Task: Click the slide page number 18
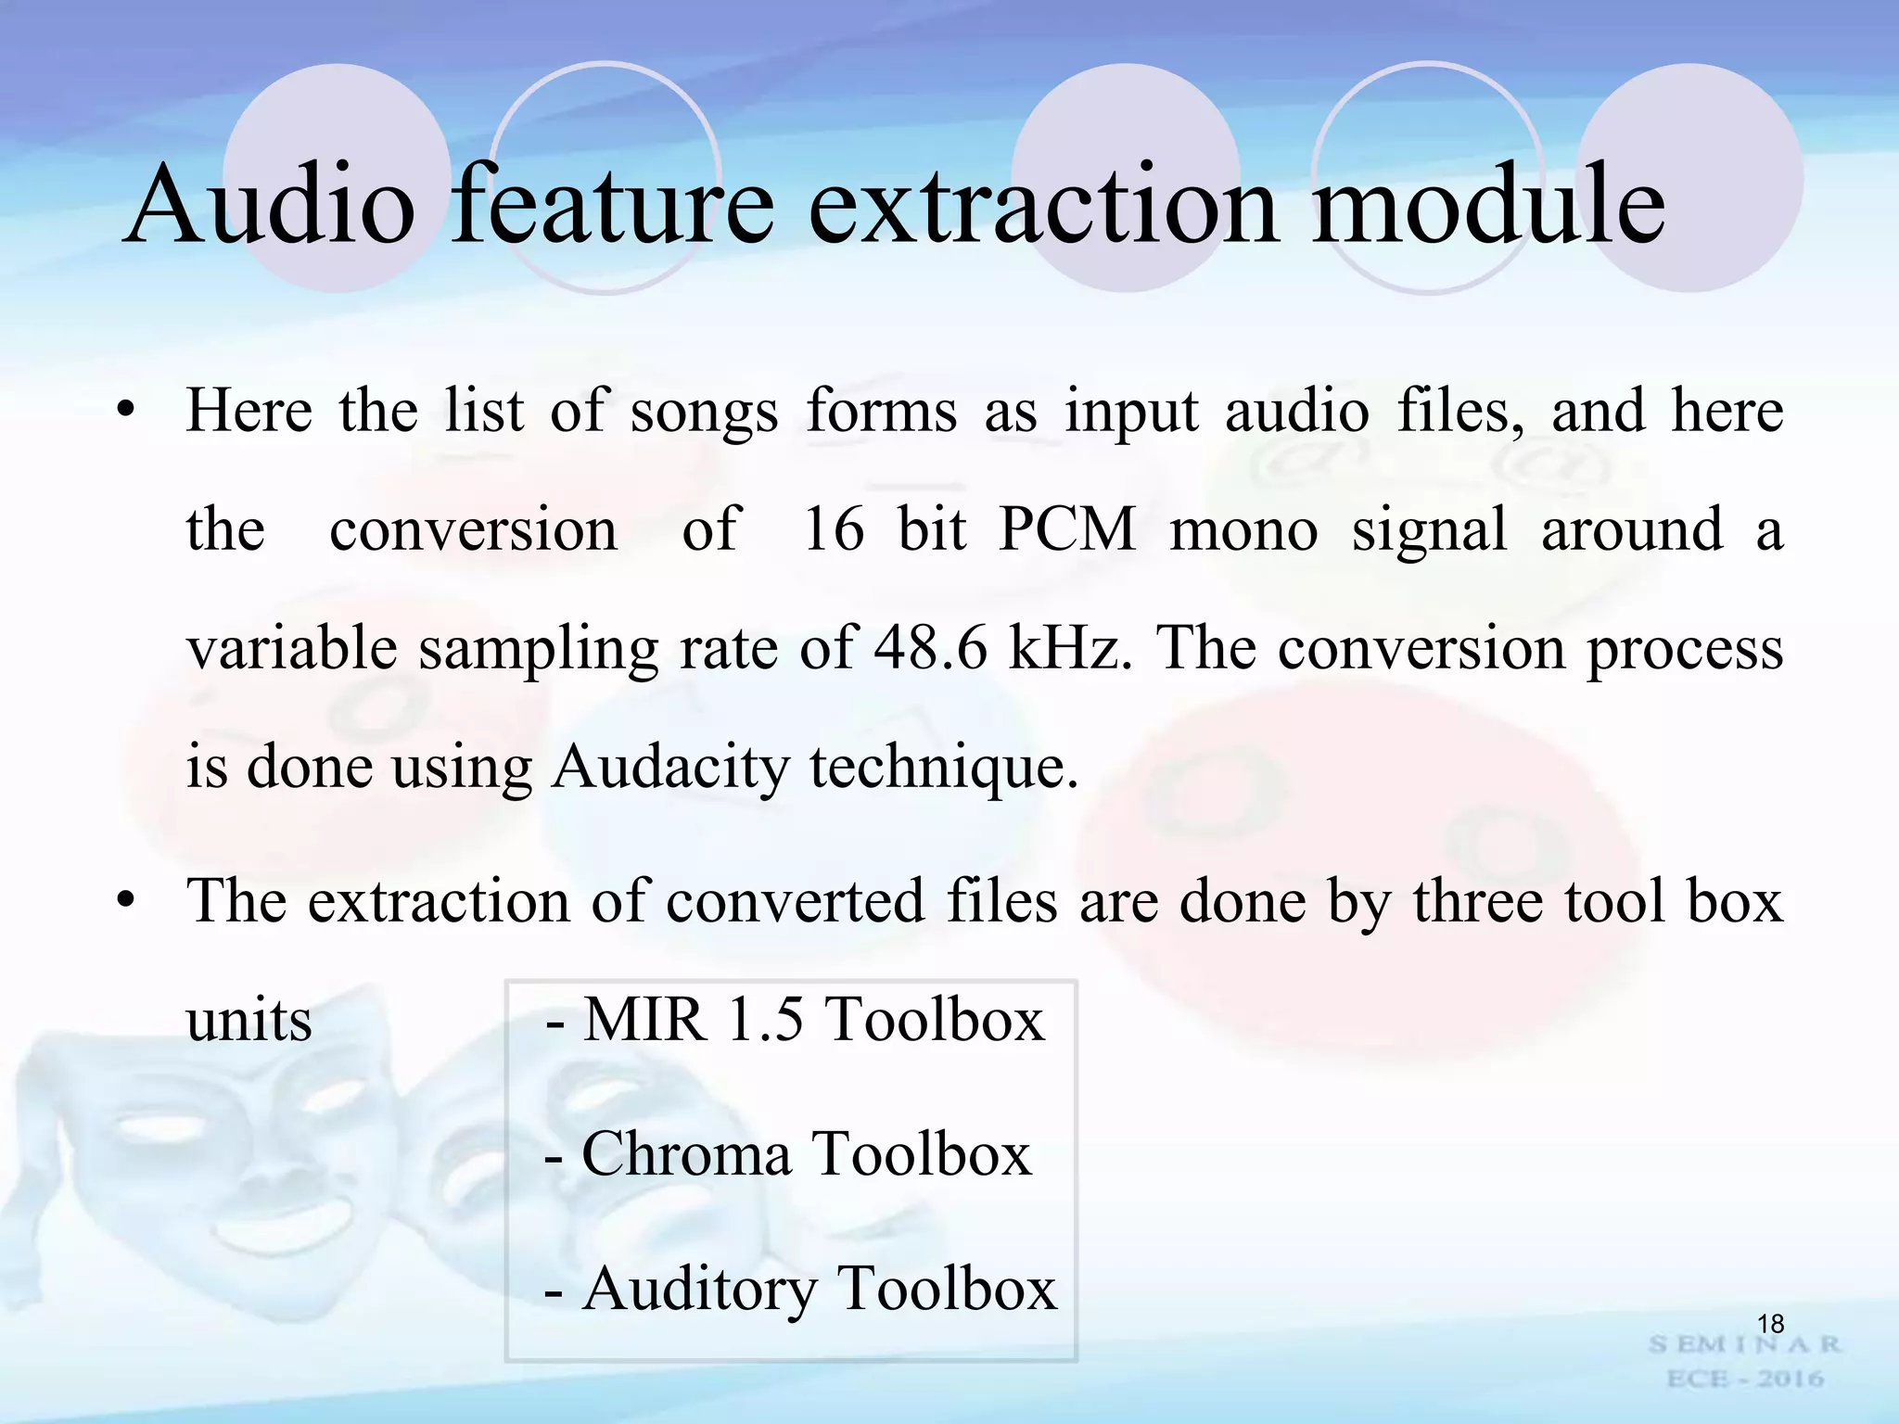(1770, 1324)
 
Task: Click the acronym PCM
(1067, 530)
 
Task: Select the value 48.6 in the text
(931, 648)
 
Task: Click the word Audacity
(669, 769)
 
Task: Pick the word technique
(944, 769)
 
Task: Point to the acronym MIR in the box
(644, 1020)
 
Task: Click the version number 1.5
(765, 1020)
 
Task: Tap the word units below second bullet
(249, 1021)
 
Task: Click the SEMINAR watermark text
(1744, 1344)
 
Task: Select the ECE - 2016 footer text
(1744, 1379)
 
